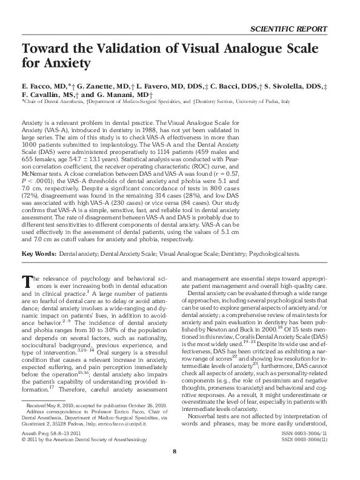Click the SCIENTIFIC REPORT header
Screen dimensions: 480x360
pyautogui.click(x=288, y=29)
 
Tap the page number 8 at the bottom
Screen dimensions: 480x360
pyautogui.click(x=175, y=469)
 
